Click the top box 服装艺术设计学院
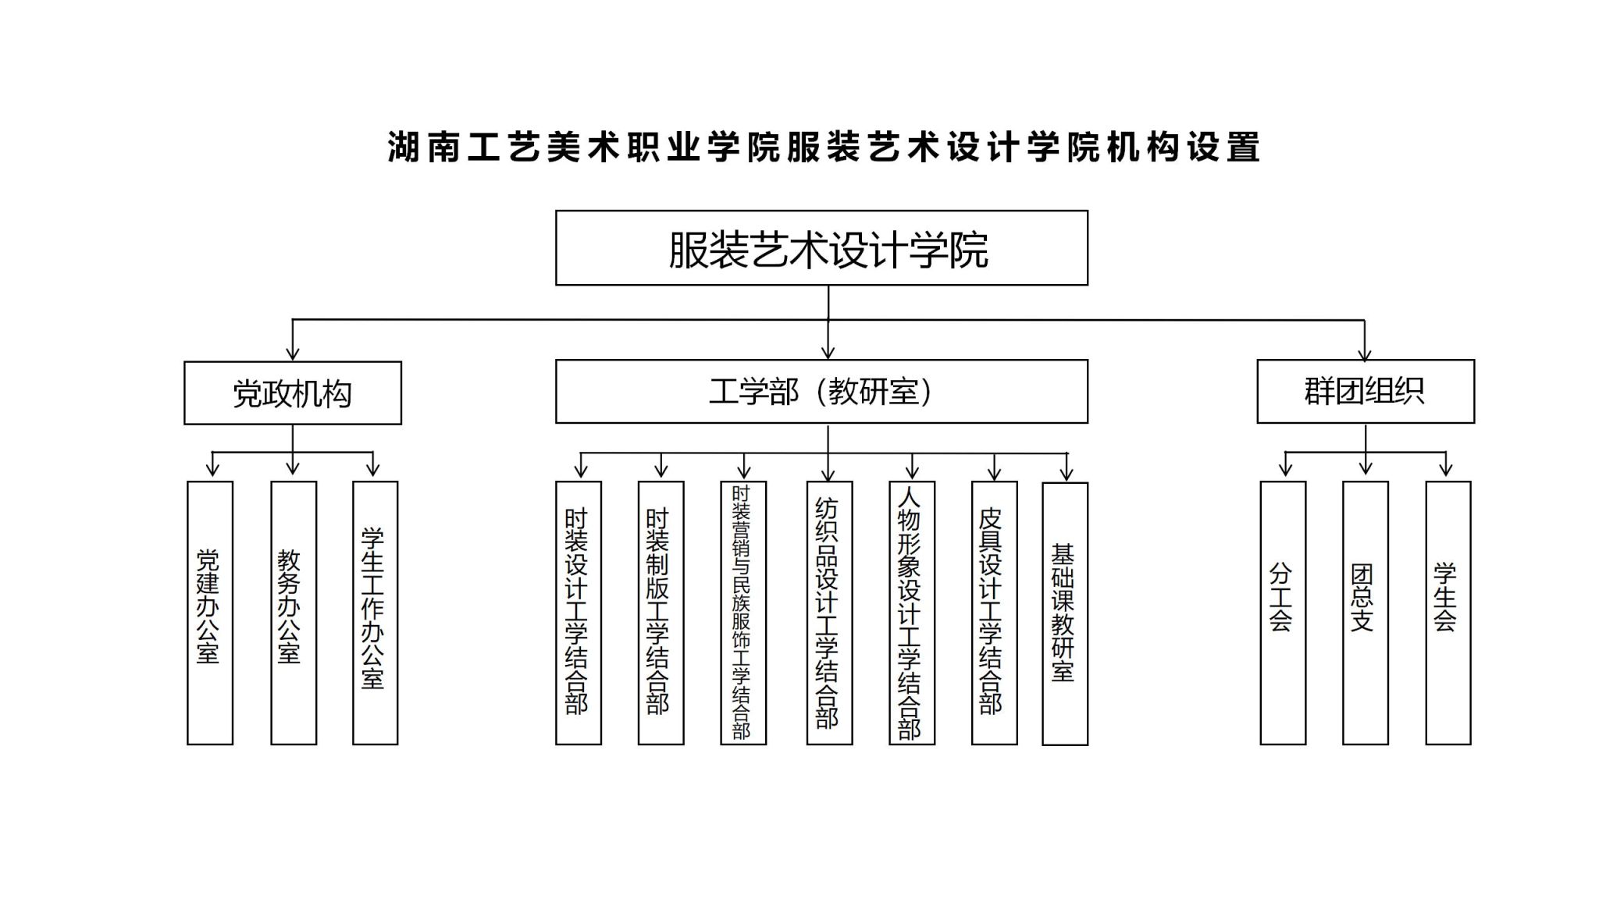tap(821, 247)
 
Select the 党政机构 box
tap(293, 393)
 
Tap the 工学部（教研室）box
tap(821, 391)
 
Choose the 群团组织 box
tap(1366, 391)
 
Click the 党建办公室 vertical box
tap(210, 613)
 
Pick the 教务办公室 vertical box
tap(294, 613)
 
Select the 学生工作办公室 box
tap(376, 613)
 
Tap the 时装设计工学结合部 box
tap(579, 613)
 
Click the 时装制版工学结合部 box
tap(661, 613)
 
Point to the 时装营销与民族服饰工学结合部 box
tap(743, 613)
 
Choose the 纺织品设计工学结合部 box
tap(829, 613)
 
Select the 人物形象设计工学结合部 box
tap(912, 613)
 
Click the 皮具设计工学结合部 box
tap(995, 613)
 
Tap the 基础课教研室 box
tap(1065, 613)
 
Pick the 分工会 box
tap(1283, 613)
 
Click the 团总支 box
tap(1366, 613)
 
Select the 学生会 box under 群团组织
tap(1448, 613)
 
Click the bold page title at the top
tap(824, 147)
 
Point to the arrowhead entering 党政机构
tap(293, 353)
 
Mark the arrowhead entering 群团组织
tap(1365, 353)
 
